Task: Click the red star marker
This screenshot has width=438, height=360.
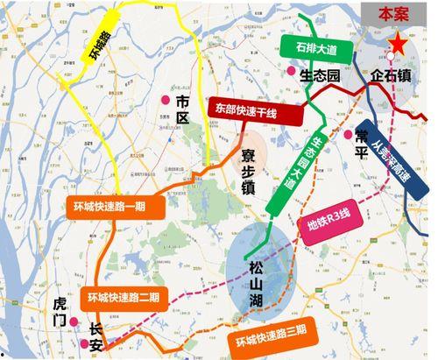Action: pos(399,43)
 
